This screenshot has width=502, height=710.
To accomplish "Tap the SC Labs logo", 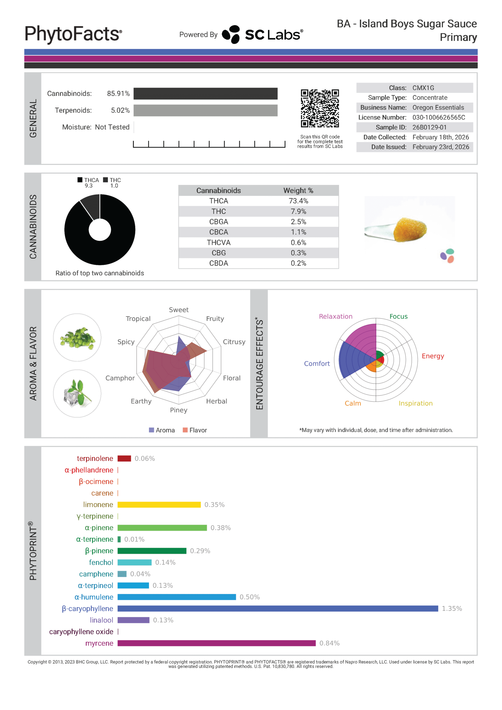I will [x=263, y=34].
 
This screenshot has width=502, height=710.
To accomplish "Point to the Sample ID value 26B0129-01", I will [x=429, y=127].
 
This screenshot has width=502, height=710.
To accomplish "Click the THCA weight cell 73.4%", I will [x=298, y=201].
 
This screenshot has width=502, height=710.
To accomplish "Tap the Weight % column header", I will [x=298, y=191].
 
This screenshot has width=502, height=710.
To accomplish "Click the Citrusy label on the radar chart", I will [x=234, y=342].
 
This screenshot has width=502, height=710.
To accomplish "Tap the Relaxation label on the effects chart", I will [x=335, y=316].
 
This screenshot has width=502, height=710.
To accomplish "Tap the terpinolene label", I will [x=95, y=459].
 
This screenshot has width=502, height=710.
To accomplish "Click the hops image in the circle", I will [x=77, y=338].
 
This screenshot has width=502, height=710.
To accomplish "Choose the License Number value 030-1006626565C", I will [x=438, y=118].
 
